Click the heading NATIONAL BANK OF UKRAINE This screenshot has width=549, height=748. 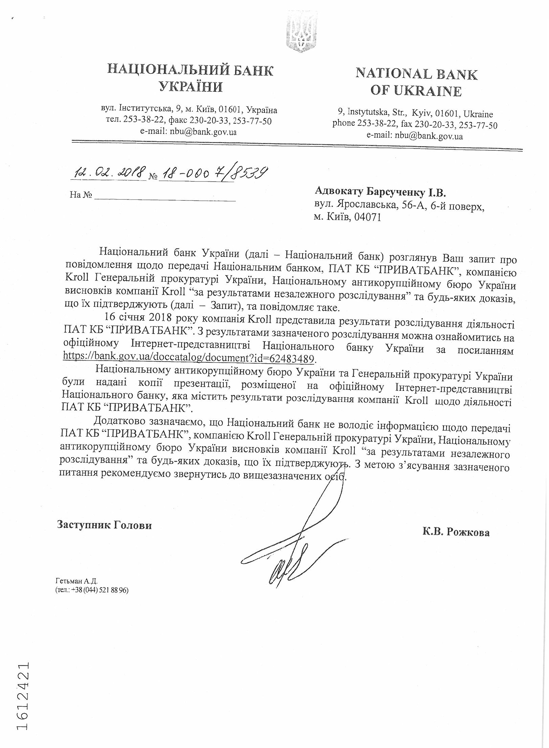coord(416,82)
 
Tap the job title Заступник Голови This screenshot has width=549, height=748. coord(104,525)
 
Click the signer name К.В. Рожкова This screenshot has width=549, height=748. coord(456,532)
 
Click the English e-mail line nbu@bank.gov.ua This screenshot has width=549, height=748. coord(415,136)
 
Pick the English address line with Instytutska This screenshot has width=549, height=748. coord(415,114)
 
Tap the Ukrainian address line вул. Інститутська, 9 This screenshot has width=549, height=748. coord(189,110)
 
